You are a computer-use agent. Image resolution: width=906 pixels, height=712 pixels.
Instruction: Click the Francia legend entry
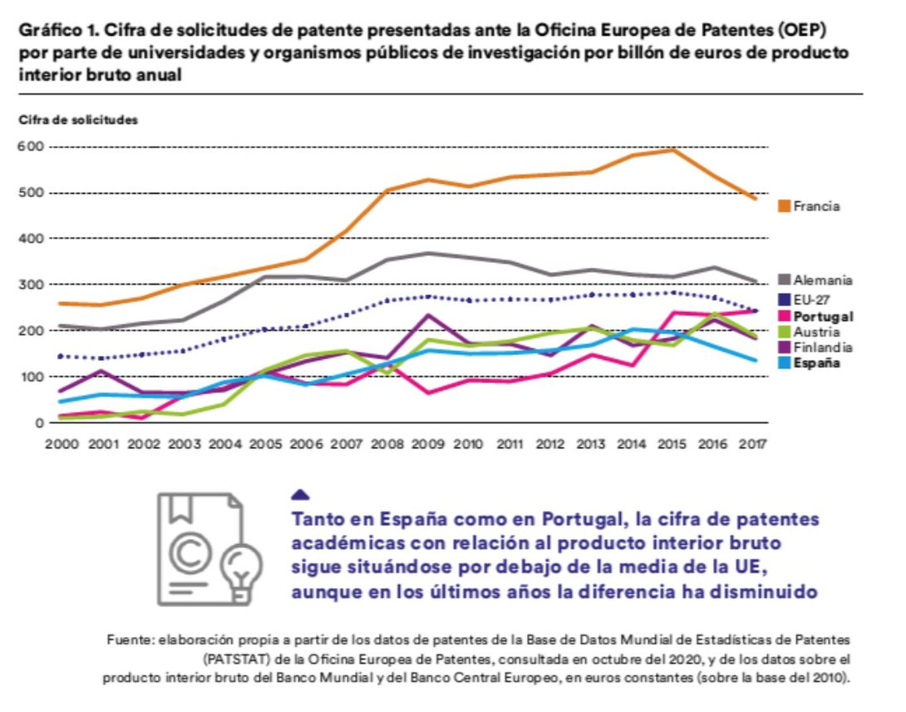point(809,206)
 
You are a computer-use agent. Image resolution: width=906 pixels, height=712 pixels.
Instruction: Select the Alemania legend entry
point(815,280)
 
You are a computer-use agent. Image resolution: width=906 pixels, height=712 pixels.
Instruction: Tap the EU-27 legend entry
point(804,300)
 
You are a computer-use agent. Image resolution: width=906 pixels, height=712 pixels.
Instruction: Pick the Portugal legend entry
point(816,317)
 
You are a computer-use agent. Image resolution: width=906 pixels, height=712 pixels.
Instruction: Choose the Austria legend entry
point(810,332)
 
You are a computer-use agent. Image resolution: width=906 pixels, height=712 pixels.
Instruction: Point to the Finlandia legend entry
point(815,347)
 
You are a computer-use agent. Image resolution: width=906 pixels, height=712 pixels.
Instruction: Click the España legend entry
point(810,363)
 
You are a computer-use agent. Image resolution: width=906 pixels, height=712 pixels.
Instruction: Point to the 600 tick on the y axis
point(31,147)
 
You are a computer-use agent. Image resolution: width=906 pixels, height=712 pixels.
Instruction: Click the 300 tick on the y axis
point(31,284)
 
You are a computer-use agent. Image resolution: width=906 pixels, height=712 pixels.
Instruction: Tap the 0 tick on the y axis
point(39,423)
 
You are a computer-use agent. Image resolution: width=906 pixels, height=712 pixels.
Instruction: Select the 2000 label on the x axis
point(62,444)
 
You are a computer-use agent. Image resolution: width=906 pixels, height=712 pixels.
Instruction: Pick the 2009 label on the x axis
point(428,444)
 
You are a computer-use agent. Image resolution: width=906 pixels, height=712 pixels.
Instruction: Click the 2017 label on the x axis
point(753,444)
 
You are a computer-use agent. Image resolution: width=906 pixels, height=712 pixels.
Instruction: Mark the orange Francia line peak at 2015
point(672,150)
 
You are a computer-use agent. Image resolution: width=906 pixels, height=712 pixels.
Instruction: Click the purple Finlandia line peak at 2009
point(429,315)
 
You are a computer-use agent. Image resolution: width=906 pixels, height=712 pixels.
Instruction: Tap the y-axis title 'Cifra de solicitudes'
point(78,120)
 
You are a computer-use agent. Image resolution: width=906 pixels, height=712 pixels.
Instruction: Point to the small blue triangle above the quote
point(300,495)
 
